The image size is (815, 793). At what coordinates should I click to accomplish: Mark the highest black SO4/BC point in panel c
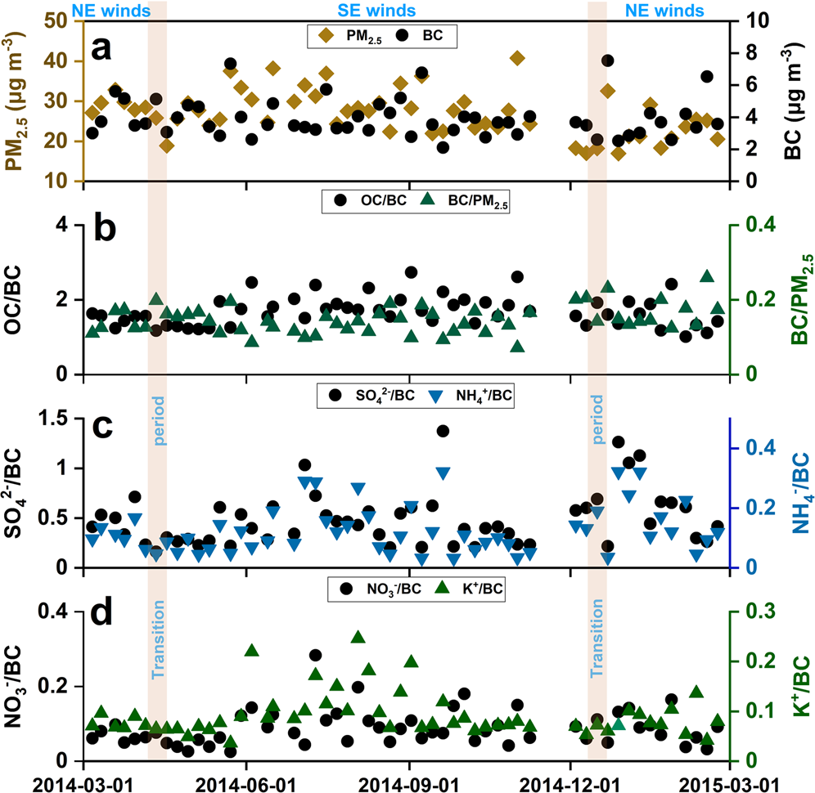443,431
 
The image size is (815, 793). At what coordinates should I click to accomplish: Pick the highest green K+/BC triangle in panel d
358,637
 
